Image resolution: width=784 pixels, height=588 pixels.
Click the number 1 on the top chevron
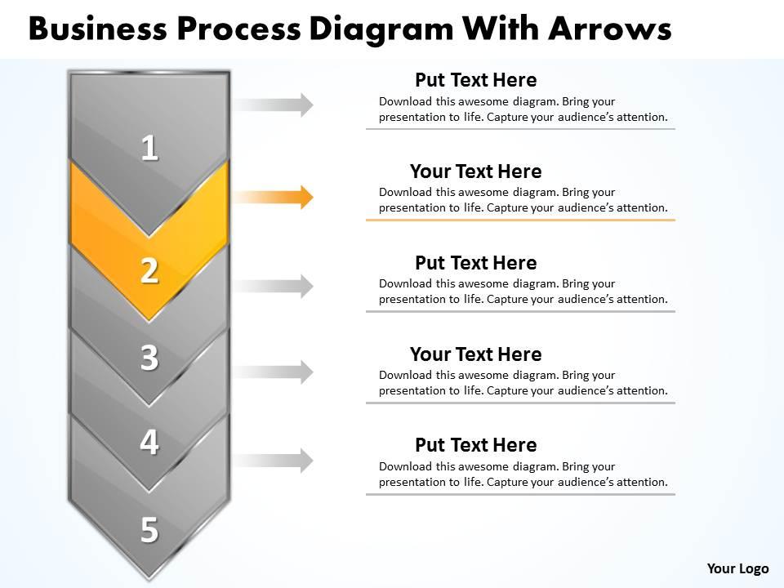149,149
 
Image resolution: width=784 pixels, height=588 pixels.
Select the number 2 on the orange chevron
149,270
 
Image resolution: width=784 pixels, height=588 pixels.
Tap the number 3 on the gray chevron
149,359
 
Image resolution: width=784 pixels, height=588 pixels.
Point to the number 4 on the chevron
149,442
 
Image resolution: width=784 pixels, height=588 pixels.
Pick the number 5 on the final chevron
149,530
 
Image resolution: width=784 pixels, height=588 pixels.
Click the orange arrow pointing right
274,197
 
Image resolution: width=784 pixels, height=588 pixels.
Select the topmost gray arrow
274,105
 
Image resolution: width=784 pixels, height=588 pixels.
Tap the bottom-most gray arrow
274,461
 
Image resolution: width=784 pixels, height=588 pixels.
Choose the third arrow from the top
274,286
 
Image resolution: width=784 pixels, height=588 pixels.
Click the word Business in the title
100,29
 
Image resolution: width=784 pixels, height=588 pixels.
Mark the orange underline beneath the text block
520,220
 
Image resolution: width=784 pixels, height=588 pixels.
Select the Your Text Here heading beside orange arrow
475,171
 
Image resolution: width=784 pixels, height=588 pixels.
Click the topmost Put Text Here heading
475,80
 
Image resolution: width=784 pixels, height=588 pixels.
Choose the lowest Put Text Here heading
475,445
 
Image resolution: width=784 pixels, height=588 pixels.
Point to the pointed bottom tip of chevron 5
149,577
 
